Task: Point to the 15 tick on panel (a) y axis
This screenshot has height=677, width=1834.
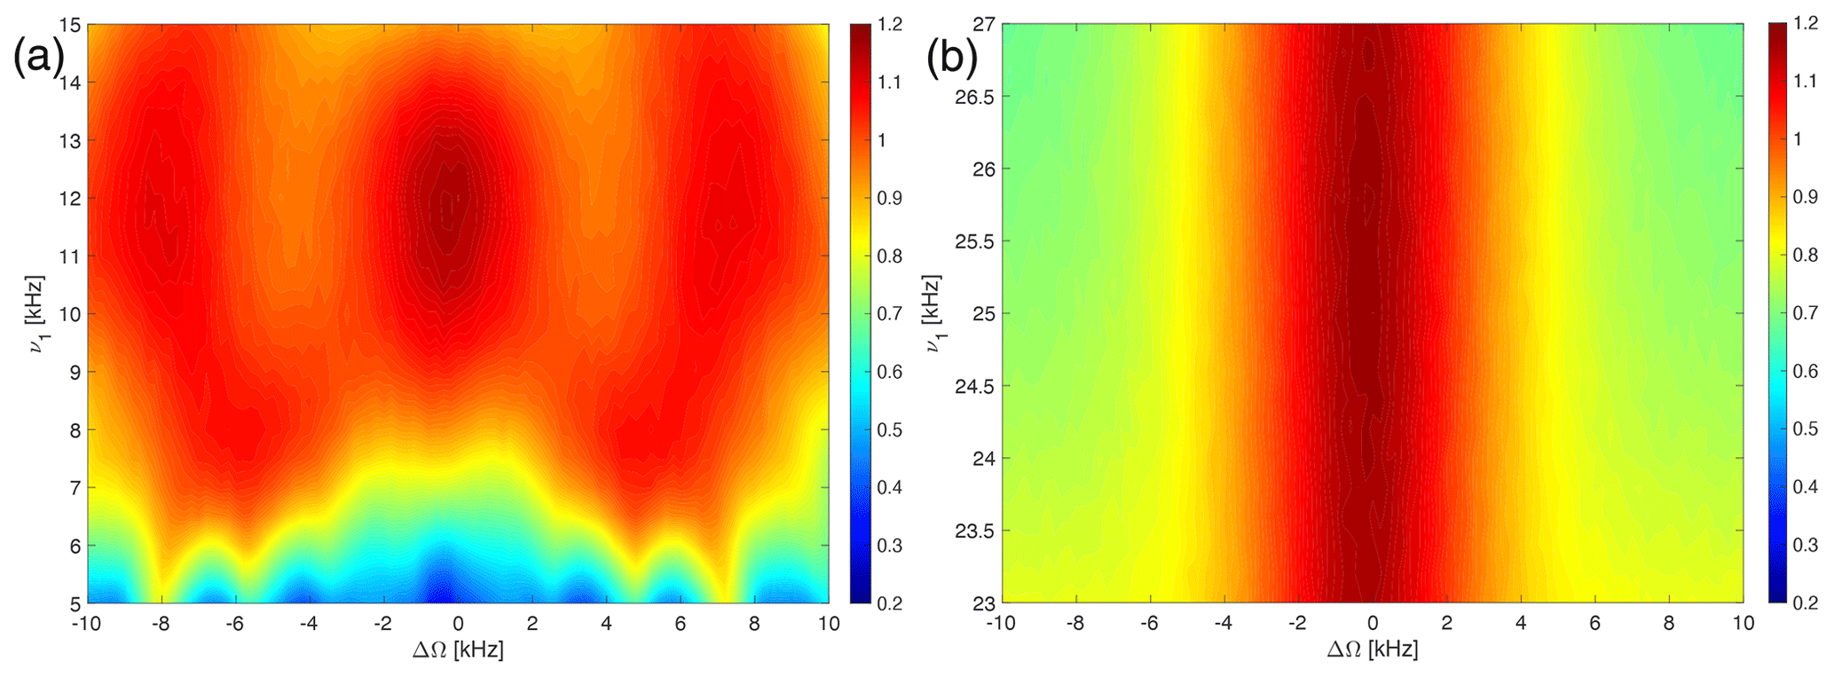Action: tap(72, 25)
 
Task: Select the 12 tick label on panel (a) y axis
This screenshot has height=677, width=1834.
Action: tap(72, 199)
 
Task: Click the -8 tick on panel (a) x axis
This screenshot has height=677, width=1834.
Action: tap(160, 624)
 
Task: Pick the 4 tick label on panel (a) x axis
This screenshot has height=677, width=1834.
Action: tap(607, 624)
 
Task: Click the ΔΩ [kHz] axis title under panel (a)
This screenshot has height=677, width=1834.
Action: tap(458, 650)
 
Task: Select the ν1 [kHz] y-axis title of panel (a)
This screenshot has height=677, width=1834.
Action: tap(36, 314)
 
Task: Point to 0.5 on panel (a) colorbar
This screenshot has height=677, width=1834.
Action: tap(890, 430)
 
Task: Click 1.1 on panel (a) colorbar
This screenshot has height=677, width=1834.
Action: tap(890, 83)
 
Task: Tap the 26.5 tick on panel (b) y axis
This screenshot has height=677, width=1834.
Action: tap(975, 97)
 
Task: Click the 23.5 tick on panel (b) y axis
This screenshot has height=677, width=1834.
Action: tap(975, 531)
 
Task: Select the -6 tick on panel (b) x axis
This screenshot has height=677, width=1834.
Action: tap(1148, 624)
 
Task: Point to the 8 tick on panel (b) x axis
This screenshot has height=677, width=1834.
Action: tap(1669, 624)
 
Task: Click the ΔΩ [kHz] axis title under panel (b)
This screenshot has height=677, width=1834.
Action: tap(1373, 650)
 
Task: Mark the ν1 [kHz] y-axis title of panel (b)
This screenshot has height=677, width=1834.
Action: tap(933, 314)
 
